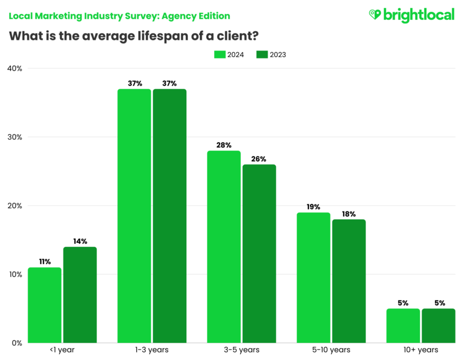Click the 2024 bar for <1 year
[44, 305]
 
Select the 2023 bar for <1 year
[80, 295]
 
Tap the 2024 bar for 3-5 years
[224, 247]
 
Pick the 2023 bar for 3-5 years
[259, 253]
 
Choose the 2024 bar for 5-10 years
[313, 278]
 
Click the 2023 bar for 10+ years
[438, 326]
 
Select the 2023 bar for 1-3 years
[170, 216]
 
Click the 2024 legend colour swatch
[220, 54]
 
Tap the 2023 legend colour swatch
[262, 54]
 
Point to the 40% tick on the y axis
[15, 68]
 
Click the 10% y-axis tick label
[15, 274]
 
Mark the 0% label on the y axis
[17, 343]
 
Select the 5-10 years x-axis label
[331, 350]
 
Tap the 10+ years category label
[420, 350]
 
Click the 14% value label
[80, 241]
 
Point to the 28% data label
[224, 145]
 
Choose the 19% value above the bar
[313, 207]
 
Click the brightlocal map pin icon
[375, 15]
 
